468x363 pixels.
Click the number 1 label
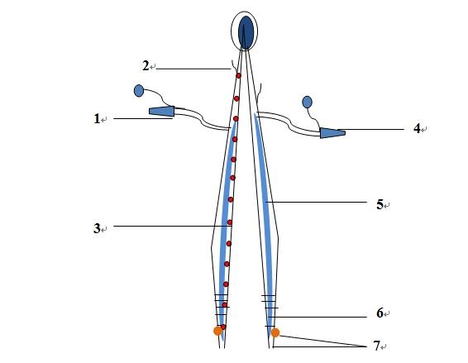coord(97,119)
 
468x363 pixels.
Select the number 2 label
coord(146,66)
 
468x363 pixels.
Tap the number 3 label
coord(97,228)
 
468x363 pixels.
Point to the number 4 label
coord(417,128)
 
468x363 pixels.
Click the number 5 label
coord(380,204)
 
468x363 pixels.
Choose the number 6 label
coord(380,313)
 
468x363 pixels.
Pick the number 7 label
coord(377,346)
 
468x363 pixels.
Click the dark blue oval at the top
coord(246,32)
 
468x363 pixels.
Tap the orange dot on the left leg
coord(218,331)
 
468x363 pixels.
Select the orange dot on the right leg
coord(275,332)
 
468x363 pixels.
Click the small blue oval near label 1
coord(139,91)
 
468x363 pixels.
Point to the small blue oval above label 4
coord(307,102)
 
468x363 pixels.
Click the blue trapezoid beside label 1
coord(162,112)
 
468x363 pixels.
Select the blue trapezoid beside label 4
coord(332,133)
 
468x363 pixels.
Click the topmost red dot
coord(238,76)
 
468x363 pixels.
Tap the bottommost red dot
coord(223,327)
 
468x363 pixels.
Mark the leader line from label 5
coord(316,202)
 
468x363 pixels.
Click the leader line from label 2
coord(193,69)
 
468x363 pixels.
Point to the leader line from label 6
coord(318,317)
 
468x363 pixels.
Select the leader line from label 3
coord(173,226)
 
